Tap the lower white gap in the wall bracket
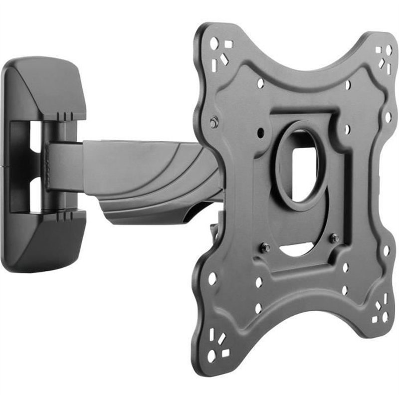[x=35, y=193]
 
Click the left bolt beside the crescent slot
[x=266, y=247]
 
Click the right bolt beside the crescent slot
[x=335, y=238]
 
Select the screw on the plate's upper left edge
[x=214, y=122]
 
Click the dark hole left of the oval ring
[x=260, y=133]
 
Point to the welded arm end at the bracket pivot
[x=62, y=165]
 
